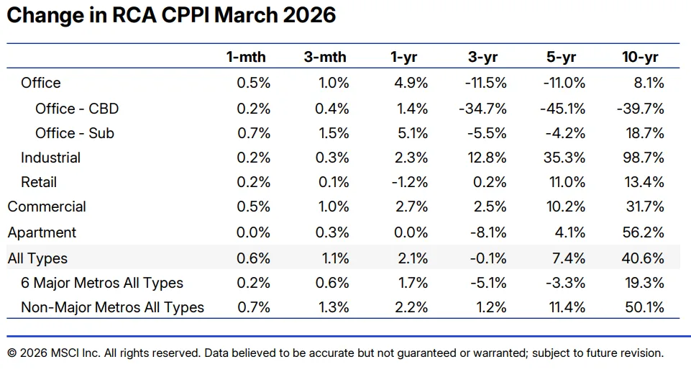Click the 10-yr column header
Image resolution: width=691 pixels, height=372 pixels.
pyautogui.click(x=640, y=58)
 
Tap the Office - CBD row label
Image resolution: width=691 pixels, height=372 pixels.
pyautogui.click(x=77, y=109)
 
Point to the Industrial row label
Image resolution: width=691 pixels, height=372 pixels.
pyautogui.click(x=50, y=158)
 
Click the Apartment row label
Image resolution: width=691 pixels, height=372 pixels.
pyautogui.click(x=42, y=232)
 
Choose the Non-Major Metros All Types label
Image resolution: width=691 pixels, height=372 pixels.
pyautogui.click(x=112, y=307)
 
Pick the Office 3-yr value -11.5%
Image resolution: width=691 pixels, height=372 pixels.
pyautogui.click(x=485, y=83)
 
